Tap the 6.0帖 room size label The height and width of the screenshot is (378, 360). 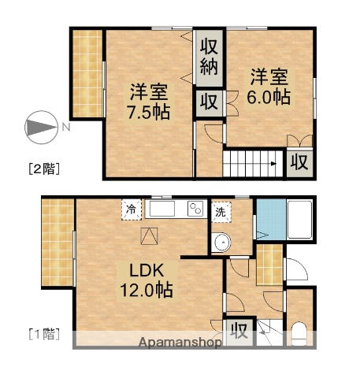(x=270, y=97)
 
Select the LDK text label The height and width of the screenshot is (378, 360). (x=143, y=270)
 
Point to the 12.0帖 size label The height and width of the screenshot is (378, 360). (x=147, y=289)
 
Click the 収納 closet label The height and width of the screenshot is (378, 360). (x=209, y=56)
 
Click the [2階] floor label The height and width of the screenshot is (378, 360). (x=44, y=168)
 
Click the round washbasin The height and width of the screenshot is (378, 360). (x=222, y=242)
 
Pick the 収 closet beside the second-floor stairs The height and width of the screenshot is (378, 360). (x=299, y=161)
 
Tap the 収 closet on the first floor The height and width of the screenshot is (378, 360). (x=239, y=330)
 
